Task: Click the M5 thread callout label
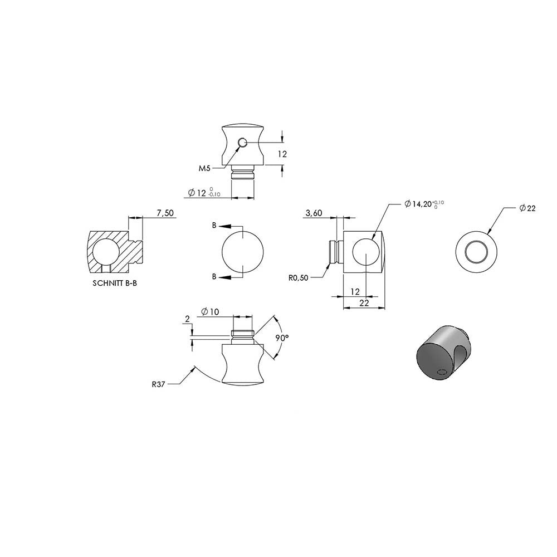204,168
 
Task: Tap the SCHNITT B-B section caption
115,284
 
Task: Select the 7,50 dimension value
165,213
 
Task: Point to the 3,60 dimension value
314,213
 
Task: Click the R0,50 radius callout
299,278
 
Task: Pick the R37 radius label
158,384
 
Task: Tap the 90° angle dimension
282,338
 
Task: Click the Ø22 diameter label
527,208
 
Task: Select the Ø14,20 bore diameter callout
424,204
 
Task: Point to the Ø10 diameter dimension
210,312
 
